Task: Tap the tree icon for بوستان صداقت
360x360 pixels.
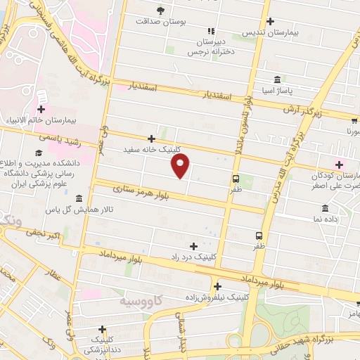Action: tap(160, 10)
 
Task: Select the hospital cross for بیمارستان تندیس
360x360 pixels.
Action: tap(270, 21)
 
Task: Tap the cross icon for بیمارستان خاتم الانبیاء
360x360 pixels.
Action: tap(41, 110)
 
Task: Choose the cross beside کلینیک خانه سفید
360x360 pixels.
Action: tap(152, 139)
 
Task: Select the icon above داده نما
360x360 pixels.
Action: tap(325, 208)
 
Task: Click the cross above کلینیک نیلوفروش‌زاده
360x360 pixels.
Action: tap(218, 285)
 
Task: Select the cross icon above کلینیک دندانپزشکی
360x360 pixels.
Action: tap(103, 328)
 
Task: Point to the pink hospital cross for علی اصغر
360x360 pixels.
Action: tap(340, 164)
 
